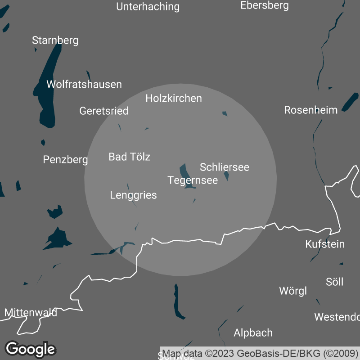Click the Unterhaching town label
148,7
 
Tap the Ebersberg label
265,5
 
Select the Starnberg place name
55,40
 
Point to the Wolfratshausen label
84,85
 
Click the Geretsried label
104,111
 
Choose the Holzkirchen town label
174,99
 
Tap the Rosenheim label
311,110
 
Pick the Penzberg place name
66,159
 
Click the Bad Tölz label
130,157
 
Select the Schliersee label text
225,167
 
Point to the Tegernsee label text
193,180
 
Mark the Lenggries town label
134,195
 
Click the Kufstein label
325,244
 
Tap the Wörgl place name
293,291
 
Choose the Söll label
334,282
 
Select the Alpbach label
253,333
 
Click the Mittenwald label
31,312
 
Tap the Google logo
30,349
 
